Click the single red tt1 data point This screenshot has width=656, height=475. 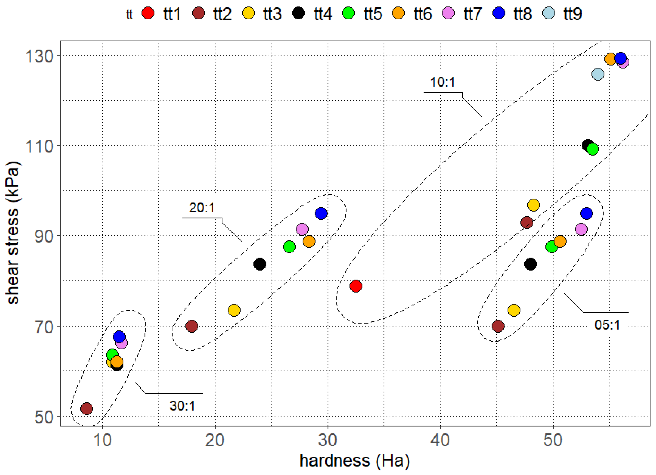[x=356, y=286]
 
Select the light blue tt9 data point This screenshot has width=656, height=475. [x=598, y=74]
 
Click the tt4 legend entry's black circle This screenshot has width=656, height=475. [x=298, y=13]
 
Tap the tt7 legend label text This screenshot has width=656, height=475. [x=473, y=14]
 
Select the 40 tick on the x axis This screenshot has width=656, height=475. [x=440, y=440]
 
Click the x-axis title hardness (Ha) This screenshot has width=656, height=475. [x=355, y=461]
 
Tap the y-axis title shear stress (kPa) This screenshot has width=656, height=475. [x=13, y=233]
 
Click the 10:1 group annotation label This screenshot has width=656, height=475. [x=443, y=82]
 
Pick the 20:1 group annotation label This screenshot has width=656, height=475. [x=202, y=208]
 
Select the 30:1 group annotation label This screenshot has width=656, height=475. [x=182, y=406]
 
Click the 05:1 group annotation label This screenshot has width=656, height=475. [x=607, y=325]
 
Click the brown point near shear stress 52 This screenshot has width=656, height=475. [x=87, y=409]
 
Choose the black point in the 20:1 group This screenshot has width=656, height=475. [x=260, y=264]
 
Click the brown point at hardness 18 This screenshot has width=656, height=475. [x=191, y=326]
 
